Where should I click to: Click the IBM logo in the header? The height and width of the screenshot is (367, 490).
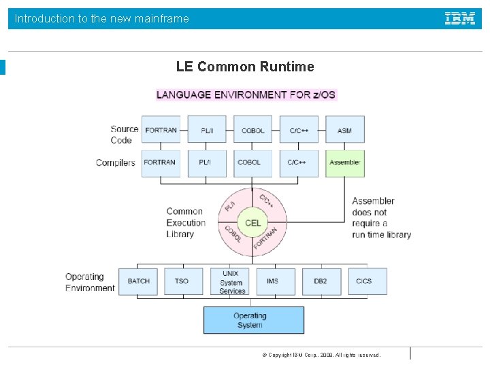tap(460, 19)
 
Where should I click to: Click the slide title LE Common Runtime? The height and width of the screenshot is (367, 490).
tap(245, 67)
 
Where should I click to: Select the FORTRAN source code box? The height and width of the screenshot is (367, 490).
tap(161, 130)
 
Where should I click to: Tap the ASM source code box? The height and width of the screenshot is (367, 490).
tap(344, 130)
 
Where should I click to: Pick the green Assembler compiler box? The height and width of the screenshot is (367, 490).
tap(344, 163)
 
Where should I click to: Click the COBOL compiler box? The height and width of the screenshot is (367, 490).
tap(252, 163)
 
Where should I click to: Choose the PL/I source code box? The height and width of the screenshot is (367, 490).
tap(207, 130)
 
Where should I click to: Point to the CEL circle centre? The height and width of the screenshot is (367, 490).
tap(252, 223)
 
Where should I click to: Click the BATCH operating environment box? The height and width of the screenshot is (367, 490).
tap(138, 281)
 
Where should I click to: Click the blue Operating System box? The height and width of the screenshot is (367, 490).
tap(253, 320)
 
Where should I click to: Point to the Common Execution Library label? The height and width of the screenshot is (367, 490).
tap(185, 223)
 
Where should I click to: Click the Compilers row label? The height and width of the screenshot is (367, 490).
tap(116, 163)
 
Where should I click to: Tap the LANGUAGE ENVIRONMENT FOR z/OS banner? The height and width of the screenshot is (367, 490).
tap(246, 94)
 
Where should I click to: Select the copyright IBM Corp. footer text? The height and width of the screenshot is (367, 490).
tap(321, 355)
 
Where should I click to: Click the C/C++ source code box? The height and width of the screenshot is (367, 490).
tap(298, 130)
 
